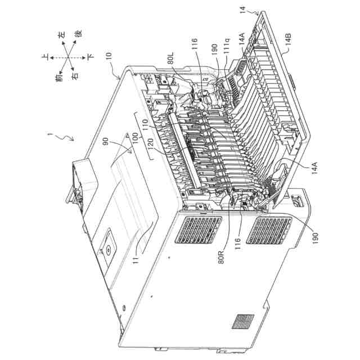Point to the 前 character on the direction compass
tap(60, 79)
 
